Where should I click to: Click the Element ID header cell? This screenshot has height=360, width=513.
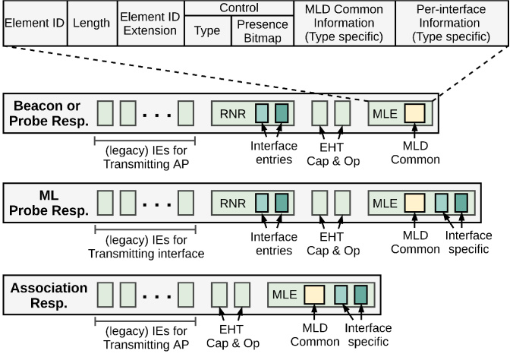[34, 24]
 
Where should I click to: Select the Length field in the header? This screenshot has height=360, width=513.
[91, 24]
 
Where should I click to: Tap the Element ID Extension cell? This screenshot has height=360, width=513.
[149, 24]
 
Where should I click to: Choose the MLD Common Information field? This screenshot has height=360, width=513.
[344, 24]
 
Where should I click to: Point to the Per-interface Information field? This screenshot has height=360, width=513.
[452, 24]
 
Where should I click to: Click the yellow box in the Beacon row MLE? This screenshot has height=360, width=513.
[414, 113]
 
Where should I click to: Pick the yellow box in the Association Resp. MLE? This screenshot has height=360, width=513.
[314, 294]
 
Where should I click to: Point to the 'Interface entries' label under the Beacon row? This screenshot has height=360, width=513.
[271, 153]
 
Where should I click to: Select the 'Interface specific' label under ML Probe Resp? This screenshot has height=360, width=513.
[468, 243]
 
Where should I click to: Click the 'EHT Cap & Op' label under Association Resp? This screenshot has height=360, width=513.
[231, 335]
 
